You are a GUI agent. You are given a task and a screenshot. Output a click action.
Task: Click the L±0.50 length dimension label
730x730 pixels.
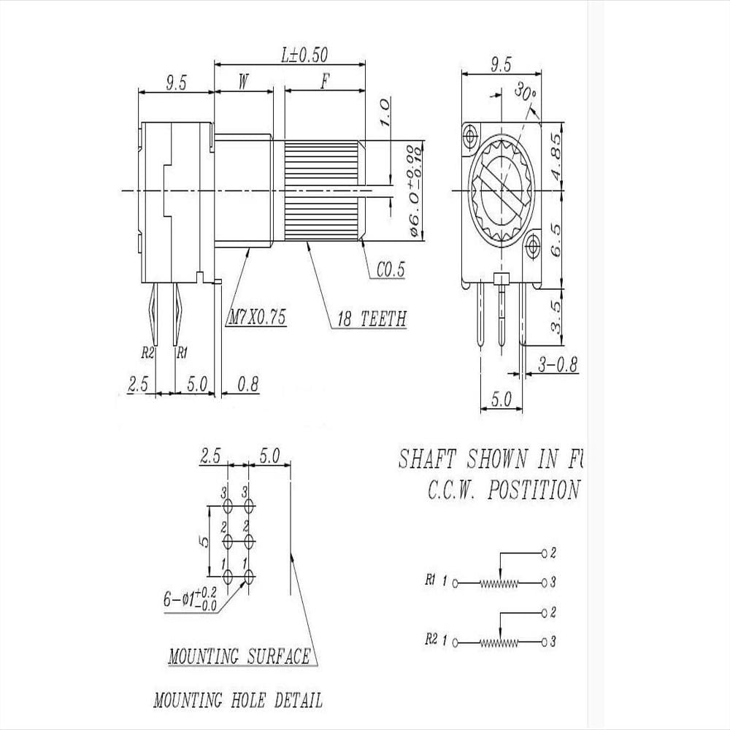304,54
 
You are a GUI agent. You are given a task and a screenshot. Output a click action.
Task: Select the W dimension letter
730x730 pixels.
244,82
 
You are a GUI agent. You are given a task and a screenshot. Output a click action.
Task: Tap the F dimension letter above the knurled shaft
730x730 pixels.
324,82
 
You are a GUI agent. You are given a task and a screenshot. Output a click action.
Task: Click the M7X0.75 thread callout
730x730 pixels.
257,318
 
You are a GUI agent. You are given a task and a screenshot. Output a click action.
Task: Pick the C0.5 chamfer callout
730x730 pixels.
391,270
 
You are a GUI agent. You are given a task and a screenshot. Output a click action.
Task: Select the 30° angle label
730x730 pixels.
526,92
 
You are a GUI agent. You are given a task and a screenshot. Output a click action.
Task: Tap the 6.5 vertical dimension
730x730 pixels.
557,238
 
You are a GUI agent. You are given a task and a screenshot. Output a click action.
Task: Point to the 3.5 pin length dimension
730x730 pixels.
557,315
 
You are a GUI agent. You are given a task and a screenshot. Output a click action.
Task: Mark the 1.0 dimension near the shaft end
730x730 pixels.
386,114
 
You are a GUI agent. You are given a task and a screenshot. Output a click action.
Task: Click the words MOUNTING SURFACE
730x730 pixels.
239,656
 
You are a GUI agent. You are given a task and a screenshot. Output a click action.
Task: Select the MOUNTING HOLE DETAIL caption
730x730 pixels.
237,701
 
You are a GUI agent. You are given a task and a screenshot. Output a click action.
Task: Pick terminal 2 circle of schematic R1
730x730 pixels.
543,553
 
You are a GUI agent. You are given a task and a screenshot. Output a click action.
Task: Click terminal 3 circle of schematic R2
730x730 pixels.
543,642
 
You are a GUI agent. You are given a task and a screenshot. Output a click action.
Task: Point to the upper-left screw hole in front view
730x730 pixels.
469,134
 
